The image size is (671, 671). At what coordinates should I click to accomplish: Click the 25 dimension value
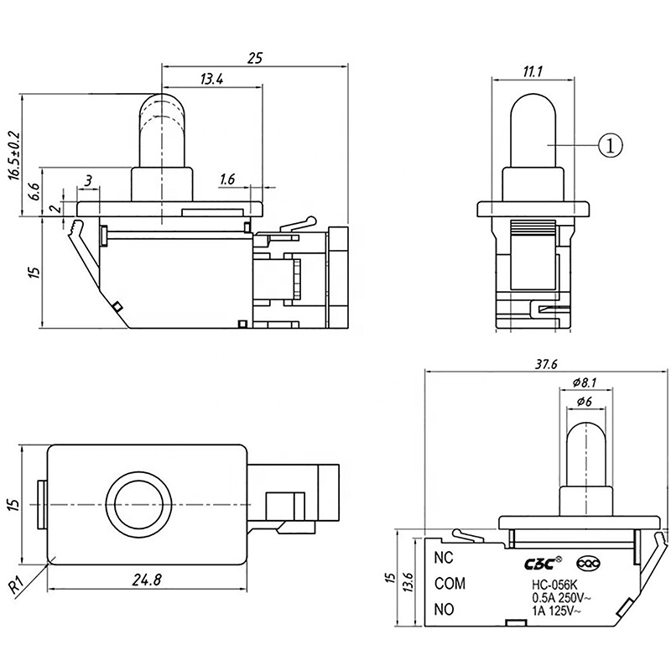tap(255, 58)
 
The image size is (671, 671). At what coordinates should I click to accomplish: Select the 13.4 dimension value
tap(211, 80)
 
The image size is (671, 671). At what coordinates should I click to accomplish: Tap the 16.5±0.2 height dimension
tap(13, 155)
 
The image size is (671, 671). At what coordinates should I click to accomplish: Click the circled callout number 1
tap(611, 145)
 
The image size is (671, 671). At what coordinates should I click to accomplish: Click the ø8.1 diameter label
tap(584, 383)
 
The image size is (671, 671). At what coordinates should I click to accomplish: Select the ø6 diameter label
tap(585, 403)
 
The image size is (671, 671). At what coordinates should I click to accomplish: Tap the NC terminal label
tap(444, 556)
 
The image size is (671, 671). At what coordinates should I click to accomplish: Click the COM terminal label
tap(450, 583)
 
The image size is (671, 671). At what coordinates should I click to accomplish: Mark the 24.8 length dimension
tap(146, 578)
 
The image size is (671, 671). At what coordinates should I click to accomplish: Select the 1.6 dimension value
tap(227, 179)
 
